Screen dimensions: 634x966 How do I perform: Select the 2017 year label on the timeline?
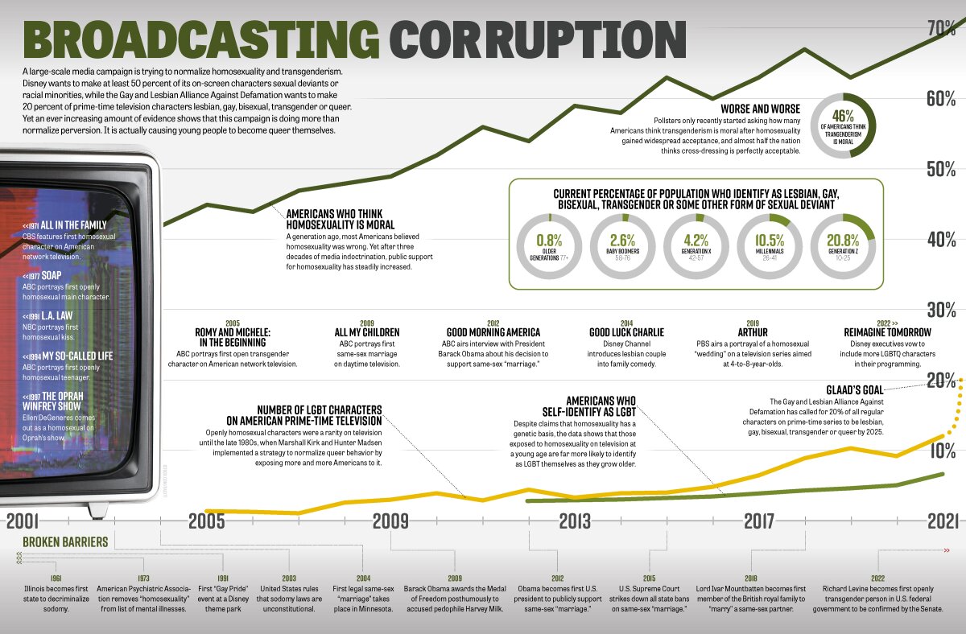pos(758,521)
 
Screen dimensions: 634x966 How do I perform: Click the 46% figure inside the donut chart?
pos(842,117)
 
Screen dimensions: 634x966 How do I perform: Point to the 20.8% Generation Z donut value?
pos(842,239)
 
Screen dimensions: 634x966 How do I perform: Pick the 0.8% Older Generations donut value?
pos(548,239)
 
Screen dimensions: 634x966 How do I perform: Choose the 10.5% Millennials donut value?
pos(769,239)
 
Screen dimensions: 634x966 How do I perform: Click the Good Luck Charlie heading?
pos(626,332)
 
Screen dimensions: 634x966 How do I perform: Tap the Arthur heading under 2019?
pos(753,332)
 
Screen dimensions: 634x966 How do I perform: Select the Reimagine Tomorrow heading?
pos(887,332)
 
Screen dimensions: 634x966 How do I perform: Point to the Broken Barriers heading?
pos(65,542)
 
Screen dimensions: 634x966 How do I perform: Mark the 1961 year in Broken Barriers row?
pos(56,578)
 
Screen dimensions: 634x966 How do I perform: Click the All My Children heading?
pos(367,332)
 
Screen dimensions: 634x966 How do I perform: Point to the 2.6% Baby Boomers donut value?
pos(622,239)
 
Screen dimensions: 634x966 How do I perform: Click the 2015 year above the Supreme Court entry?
pos(649,578)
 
